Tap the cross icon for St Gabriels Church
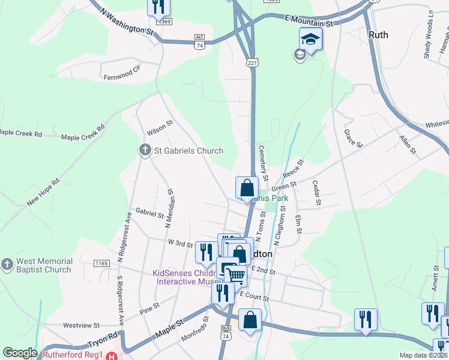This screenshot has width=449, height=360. point(145,150)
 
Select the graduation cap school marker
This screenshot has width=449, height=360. point(310,40)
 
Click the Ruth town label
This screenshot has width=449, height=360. point(378,35)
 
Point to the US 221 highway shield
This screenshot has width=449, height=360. point(252,61)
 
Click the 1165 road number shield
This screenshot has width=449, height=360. point(101,263)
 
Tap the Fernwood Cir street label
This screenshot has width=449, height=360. point(121,77)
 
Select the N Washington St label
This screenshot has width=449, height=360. point(127,23)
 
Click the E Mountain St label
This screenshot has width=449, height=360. point(309,21)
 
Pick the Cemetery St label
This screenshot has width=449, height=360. point(263,160)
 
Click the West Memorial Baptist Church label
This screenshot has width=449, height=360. point(44,265)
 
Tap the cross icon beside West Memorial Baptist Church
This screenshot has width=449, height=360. point(7,265)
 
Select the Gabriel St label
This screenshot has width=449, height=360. point(149,213)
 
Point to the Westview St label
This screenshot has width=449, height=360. point(81,325)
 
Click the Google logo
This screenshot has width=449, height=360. point(20,353)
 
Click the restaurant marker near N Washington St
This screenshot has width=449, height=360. point(158,7)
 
